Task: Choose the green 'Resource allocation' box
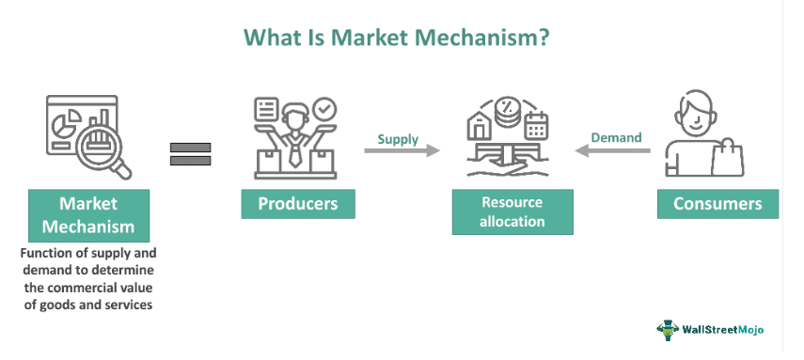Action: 512,212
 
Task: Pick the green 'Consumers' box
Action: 717,204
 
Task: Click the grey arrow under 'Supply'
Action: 402,150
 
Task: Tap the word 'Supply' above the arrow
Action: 398,139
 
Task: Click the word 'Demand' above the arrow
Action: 616,137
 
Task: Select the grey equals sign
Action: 190,154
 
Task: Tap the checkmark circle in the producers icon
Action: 325,109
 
